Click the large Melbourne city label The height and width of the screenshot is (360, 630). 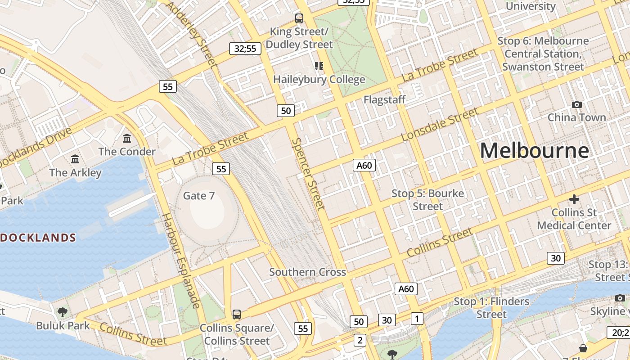(534, 151)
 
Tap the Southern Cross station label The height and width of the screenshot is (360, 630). (307, 272)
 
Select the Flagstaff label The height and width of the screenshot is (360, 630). (384, 99)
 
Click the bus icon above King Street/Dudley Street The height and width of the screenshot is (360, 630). (299, 18)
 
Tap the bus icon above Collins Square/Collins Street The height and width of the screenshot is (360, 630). (237, 314)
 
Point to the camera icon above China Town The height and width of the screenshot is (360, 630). (576, 105)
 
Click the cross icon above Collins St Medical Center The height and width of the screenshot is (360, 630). (574, 199)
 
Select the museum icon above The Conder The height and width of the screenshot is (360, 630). (127, 138)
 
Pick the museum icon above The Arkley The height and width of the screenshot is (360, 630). (75, 159)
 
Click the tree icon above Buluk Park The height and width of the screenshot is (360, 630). (63, 312)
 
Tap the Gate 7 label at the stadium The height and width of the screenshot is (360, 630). (199, 196)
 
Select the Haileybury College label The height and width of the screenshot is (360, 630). (319, 80)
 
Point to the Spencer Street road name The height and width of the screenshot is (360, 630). (308, 174)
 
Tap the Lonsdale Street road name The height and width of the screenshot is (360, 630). (439, 124)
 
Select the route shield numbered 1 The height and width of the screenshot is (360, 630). (417, 319)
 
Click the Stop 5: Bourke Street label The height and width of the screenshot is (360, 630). (427, 200)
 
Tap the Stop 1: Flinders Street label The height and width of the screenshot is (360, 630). (491, 307)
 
